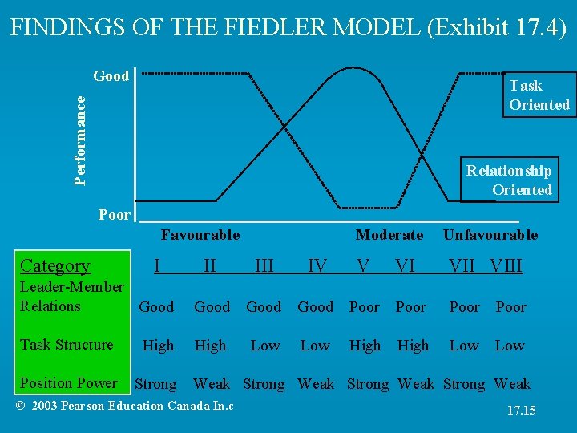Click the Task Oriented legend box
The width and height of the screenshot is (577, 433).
pyautogui.click(x=539, y=95)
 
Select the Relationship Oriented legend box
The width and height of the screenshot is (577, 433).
pyautogui.click(x=508, y=180)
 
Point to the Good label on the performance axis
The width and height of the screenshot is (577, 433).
pyautogui.click(x=111, y=76)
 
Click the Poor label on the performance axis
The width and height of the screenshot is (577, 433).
pyautogui.click(x=115, y=215)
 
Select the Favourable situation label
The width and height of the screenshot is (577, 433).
pyautogui.click(x=200, y=235)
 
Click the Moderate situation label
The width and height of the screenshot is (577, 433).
pyautogui.click(x=389, y=235)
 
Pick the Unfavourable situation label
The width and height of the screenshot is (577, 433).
pyautogui.click(x=490, y=235)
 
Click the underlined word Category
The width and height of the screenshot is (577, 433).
pyautogui.click(x=55, y=265)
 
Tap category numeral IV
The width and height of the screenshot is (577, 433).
pyautogui.click(x=317, y=265)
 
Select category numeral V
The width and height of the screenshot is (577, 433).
pyautogui.click(x=364, y=265)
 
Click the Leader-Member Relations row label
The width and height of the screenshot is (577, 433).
pyautogui.click(x=71, y=296)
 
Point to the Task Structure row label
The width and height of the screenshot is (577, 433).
pyautogui.click(x=67, y=345)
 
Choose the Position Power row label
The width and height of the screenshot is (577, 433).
pyautogui.click(x=69, y=383)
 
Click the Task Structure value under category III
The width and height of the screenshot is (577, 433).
pyautogui.click(x=265, y=346)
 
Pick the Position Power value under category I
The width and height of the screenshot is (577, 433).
pyautogui.click(x=155, y=384)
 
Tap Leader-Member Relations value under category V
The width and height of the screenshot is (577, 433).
pyautogui.click(x=365, y=307)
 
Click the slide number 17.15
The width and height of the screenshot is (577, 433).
pyautogui.click(x=521, y=411)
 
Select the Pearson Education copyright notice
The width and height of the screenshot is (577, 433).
pyautogui.click(x=125, y=406)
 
